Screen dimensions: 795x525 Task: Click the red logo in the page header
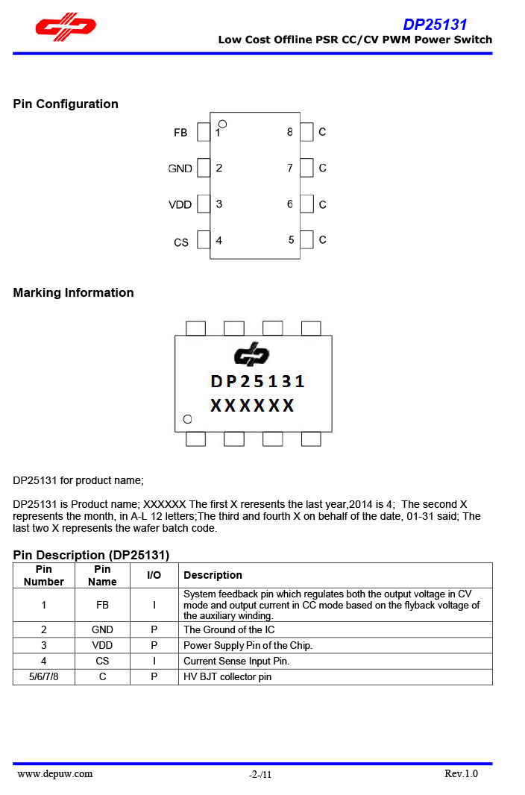coord(66,28)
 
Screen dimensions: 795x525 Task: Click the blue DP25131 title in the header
coord(435,25)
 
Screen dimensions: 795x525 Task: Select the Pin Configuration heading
coord(66,104)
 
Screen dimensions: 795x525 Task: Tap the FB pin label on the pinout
coord(180,133)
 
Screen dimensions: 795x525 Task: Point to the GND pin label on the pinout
coord(180,169)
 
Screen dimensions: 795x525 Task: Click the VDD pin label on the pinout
coord(180,204)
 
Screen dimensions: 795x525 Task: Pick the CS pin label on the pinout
coord(180,242)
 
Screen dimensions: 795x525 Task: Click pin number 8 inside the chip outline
coord(289,132)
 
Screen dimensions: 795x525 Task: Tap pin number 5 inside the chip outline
coord(291,240)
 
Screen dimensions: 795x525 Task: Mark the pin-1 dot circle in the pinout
coord(222,124)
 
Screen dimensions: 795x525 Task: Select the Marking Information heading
coord(73,292)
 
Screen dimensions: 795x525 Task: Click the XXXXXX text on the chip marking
coord(252,406)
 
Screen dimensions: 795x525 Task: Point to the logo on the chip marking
coord(251,356)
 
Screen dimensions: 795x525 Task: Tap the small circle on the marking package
coord(187,419)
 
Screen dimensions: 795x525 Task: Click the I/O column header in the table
coord(154,575)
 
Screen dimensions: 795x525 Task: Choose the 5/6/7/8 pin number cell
coord(44,677)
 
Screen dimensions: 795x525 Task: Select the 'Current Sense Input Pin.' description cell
coord(236,661)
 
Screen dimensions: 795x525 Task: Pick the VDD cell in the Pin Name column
coord(102,645)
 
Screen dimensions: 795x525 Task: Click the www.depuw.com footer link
coord(55,773)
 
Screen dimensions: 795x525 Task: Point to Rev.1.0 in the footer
coord(461,773)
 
